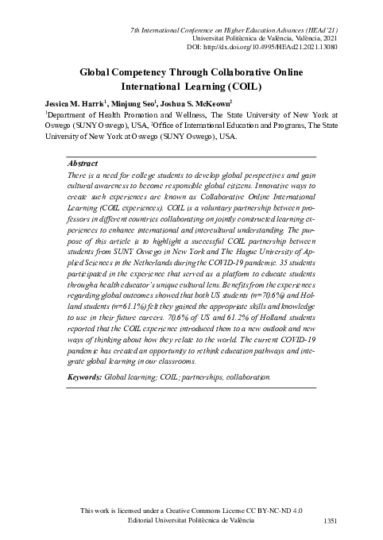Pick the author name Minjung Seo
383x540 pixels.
pyautogui.click(x=115, y=103)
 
